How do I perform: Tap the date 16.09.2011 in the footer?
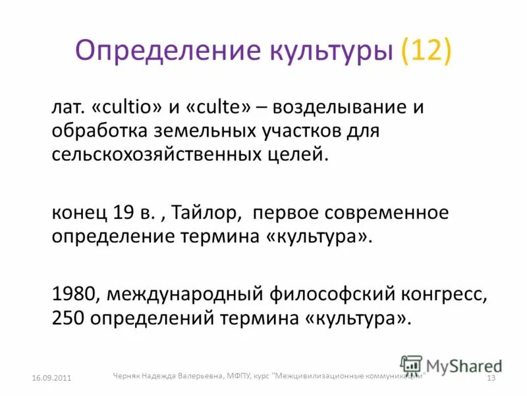click(51, 378)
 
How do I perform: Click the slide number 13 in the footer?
click(490, 378)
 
